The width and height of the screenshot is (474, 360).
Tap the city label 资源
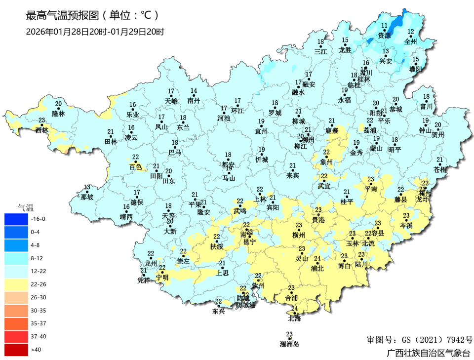384,36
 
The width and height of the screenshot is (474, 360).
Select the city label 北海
295,319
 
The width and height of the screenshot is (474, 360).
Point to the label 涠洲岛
289,344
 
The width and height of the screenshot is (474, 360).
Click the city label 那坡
87,198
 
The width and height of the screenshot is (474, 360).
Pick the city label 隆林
58,114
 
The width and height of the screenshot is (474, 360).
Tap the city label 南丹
194,100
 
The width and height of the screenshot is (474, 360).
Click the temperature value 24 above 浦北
317,259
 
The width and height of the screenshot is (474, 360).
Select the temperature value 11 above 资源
384,26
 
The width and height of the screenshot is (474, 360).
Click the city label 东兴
218,311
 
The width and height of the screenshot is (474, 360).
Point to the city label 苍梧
439,169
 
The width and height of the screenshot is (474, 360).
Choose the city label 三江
321,51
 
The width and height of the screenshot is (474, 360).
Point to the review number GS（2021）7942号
419,340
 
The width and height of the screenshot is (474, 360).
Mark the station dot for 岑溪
407,221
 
